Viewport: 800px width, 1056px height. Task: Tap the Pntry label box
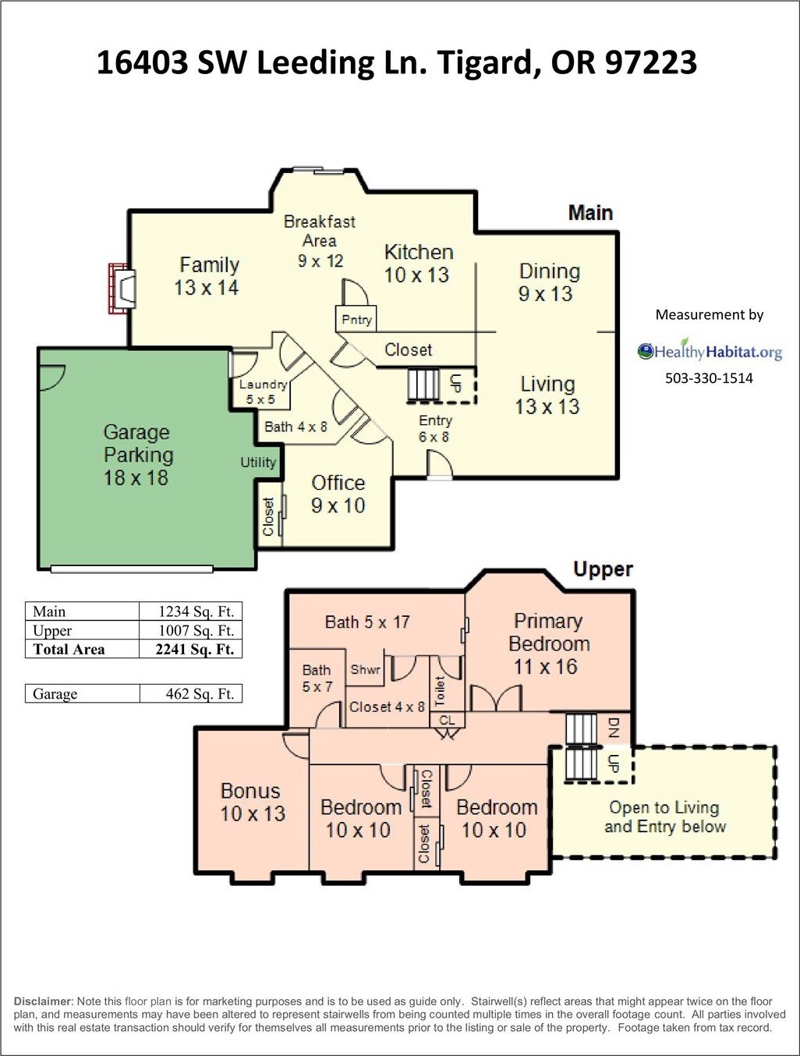coord(357,319)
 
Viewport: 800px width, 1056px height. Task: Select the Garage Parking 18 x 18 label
coord(138,455)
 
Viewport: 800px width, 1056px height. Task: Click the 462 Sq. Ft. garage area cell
coord(192,693)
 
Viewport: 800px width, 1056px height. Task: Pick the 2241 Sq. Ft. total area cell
coord(192,649)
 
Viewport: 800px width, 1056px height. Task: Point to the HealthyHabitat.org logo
coord(710,352)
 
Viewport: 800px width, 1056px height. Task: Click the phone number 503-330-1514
coord(709,378)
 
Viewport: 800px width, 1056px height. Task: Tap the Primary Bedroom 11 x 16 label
coord(548,643)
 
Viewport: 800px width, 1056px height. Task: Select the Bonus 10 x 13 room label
coord(252,802)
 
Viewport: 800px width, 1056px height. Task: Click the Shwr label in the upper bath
coord(365,670)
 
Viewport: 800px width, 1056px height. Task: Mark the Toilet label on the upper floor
coord(440,691)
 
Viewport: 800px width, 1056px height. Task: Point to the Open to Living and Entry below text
coord(664,817)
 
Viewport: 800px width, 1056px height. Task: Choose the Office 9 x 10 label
coord(338,494)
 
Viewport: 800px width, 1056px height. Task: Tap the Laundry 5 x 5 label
coord(262,392)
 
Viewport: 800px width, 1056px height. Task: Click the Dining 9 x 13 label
coord(548,282)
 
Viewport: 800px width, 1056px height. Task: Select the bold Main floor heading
coord(590,213)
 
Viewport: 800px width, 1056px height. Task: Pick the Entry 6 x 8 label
coord(434,428)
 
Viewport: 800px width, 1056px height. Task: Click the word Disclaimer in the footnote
coord(43,1001)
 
